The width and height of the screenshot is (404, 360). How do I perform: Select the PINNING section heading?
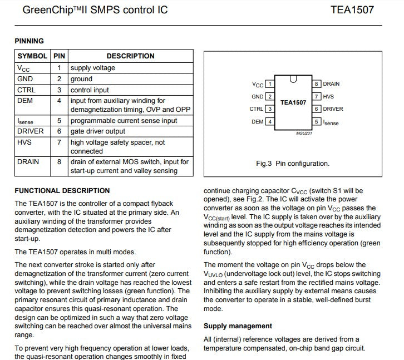[x=29, y=41]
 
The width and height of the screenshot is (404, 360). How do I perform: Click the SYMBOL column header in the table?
[x=32, y=56]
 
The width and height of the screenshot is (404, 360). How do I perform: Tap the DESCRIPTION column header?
[x=130, y=56]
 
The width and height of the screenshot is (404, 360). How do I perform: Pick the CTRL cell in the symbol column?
[x=26, y=90]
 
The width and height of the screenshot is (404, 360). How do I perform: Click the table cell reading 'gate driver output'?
[x=97, y=131]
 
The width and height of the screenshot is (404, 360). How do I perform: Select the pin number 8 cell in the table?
[x=59, y=162]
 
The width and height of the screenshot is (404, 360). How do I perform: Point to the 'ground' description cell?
[x=81, y=79]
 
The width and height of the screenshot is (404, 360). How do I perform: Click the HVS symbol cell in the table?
[x=24, y=142]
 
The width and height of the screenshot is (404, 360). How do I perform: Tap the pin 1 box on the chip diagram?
[x=270, y=84]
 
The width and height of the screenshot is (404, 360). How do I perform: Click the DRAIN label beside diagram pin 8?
[x=331, y=84]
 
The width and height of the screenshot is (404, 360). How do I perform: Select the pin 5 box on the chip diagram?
[x=316, y=121]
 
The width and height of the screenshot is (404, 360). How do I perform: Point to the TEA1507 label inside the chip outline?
[x=293, y=102]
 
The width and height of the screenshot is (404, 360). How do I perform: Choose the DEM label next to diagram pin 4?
[x=257, y=121]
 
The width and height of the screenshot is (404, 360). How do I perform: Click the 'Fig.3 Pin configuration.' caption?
[x=293, y=164]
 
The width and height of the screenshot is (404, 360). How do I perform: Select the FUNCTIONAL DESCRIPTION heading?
[x=62, y=190]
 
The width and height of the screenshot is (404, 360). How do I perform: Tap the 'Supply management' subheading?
[x=238, y=326]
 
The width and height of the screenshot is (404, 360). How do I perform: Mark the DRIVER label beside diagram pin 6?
[x=333, y=109]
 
